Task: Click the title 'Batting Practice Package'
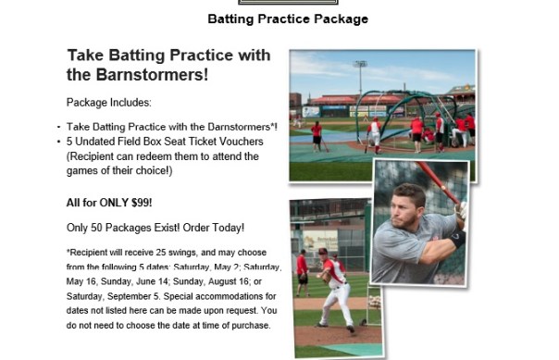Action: [x=288, y=19]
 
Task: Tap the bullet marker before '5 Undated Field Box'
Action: [x=59, y=141]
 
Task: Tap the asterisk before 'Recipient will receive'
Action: [x=68, y=251]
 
